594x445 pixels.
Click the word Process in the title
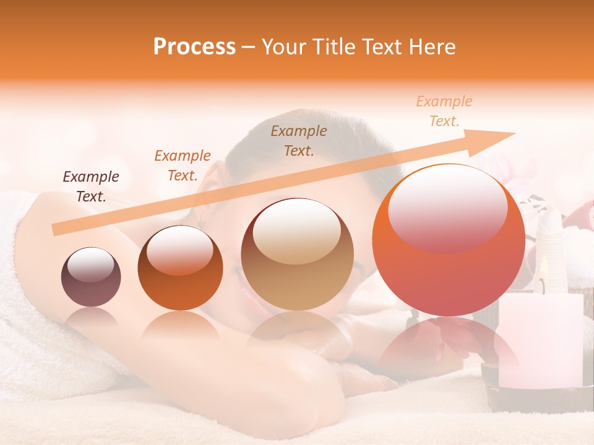click(194, 47)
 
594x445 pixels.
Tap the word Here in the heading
click(431, 47)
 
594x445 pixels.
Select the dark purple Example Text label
click(91, 187)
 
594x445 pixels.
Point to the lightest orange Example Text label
click(444, 111)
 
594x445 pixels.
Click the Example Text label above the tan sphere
click(299, 140)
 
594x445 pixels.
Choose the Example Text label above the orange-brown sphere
click(183, 166)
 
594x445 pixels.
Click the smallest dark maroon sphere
click(91, 278)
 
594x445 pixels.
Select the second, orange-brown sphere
click(180, 268)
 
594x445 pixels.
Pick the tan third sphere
click(298, 255)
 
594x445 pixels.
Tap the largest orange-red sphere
click(448, 240)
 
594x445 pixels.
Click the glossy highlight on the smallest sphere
click(91, 266)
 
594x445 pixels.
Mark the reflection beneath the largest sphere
click(448, 346)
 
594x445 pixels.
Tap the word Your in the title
click(285, 47)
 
